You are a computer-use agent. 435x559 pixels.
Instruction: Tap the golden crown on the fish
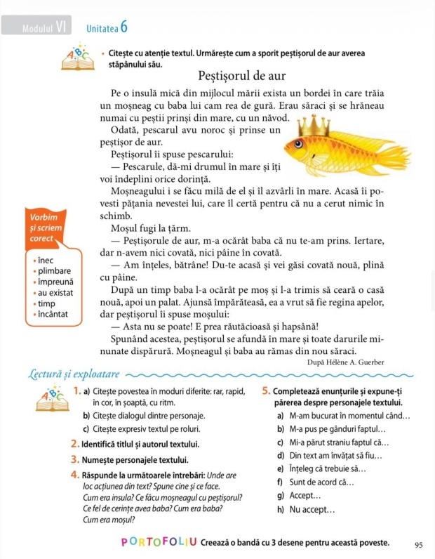pyautogui.click(x=313, y=126)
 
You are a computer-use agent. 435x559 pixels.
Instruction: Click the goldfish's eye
pyautogui.click(x=300, y=145)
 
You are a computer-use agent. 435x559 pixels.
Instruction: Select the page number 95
pyautogui.click(x=419, y=544)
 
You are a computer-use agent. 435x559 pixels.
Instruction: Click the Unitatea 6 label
pyautogui.click(x=107, y=28)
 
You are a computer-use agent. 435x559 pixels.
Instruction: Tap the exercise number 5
pyautogui.click(x=266, y=391)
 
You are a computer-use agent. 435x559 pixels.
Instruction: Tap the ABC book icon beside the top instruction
pyautogui.click(x=76, y=58)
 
